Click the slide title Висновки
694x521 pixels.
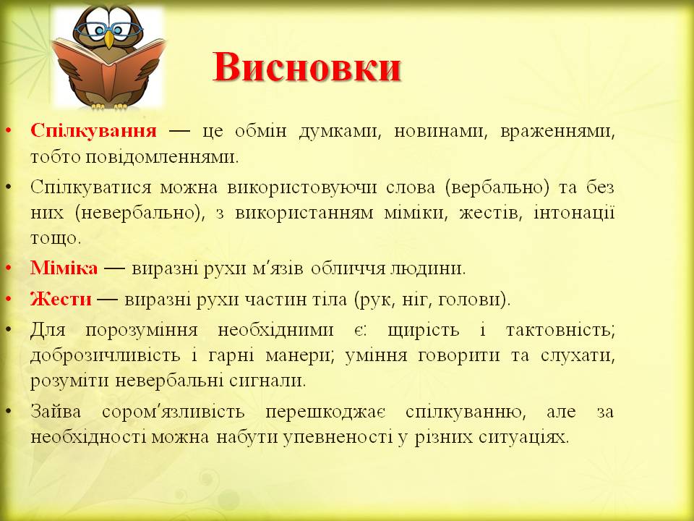click(307, 69)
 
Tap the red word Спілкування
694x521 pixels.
click(94, 131)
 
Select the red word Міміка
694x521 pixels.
click(64, 268)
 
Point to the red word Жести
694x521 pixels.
click(61, 298)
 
